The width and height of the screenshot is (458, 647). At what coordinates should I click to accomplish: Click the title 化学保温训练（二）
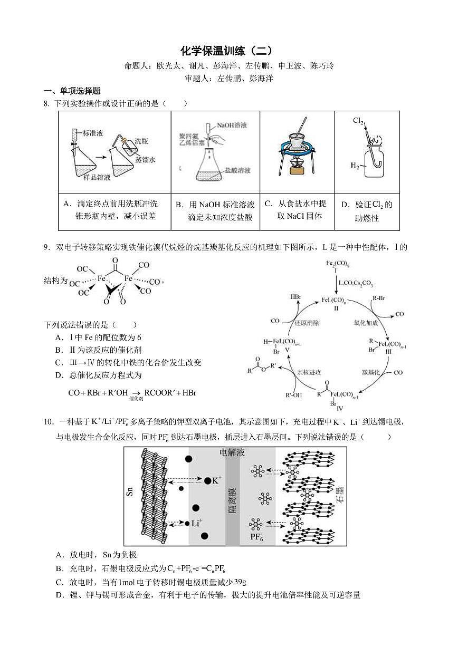pos(228,51)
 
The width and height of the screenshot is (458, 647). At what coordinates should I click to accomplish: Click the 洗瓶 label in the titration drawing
pos(141,141)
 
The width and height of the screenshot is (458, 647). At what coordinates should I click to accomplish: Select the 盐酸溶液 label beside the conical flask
pos(237,170)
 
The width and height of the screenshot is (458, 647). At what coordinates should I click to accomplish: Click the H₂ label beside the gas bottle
pos(355,166)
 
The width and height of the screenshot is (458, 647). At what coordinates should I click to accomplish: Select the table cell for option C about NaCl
pos(297,210)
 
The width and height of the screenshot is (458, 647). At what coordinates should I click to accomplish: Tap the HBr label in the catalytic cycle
pos(296,297)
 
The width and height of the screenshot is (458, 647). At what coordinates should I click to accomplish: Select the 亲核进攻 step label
pos(309,372)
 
